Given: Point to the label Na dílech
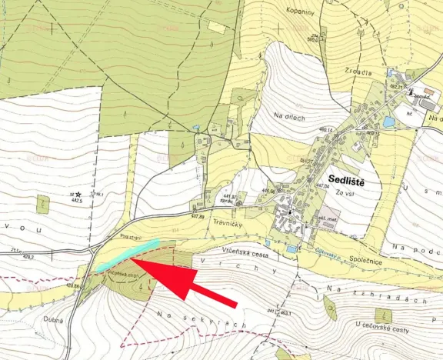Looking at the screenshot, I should click(x=290, y=115).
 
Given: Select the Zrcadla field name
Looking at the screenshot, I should click(x=358, y=72).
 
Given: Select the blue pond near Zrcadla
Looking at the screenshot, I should click(x=388, y=122).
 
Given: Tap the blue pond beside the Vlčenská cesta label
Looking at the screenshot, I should click(x=291, y=248).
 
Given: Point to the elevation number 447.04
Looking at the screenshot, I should click(x=321, y=186).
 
